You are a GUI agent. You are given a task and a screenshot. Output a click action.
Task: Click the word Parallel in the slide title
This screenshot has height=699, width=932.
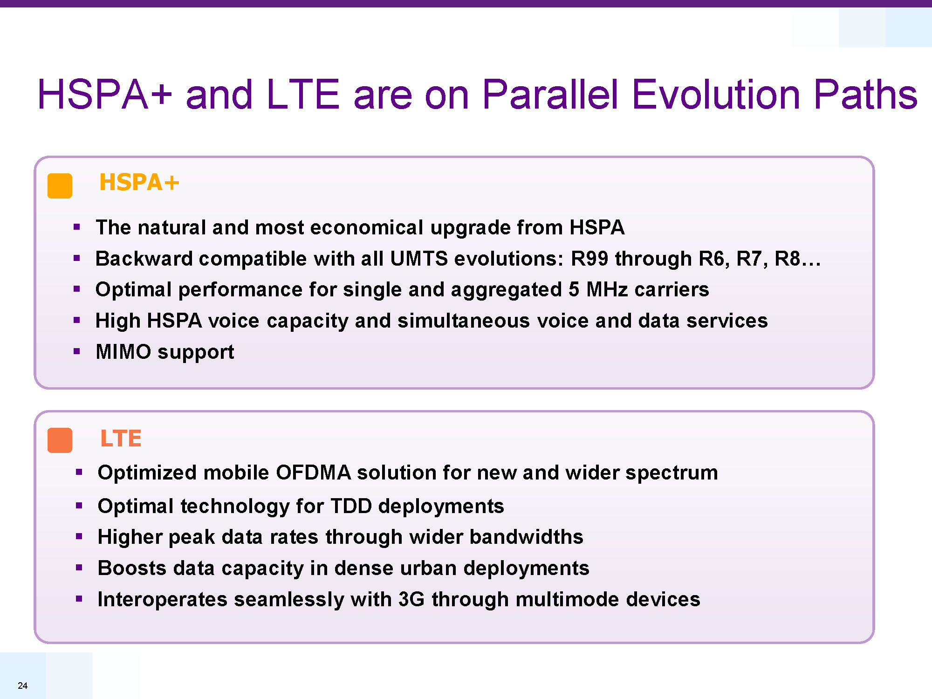click(550, 94)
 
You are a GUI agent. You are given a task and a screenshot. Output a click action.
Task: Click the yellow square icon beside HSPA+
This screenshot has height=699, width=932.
click(60, 186)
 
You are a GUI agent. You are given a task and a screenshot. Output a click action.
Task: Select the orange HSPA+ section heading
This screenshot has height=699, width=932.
click(139, 182)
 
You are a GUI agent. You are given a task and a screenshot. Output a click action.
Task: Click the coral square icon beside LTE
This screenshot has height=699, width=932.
click(60, 440)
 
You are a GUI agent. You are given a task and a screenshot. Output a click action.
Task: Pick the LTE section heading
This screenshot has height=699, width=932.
click(121, 438)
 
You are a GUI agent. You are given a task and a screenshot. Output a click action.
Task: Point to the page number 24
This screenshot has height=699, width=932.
click(22, 685)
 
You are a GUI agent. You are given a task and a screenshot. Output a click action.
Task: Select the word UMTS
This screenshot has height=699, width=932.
click(419, 259)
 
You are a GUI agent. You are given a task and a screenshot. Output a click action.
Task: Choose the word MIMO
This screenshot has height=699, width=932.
click(123, 352)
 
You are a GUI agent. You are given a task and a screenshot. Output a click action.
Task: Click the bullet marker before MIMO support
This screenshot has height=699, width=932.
click(77, 351)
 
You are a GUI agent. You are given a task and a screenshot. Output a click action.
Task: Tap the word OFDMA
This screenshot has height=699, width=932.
click(313, 473)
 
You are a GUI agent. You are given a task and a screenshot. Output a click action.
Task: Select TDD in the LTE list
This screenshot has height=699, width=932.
click(351, 506)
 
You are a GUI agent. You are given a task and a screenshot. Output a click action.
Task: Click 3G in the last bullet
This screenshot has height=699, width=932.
click(411, 599)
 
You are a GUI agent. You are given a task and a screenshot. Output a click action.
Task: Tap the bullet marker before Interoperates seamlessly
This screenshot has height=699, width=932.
click(79, 599)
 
